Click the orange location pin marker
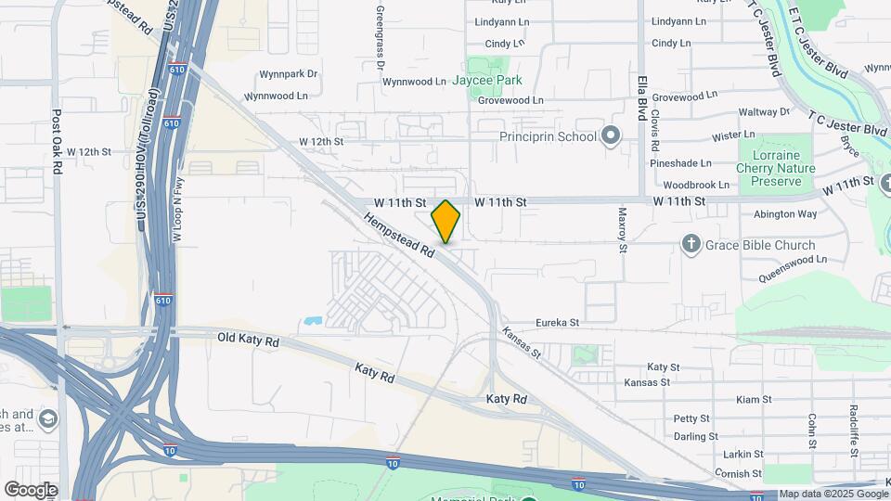click(445, 221)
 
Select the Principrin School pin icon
click(610, 136)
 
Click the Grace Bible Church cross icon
click(691, 245)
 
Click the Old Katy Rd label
click(249, 340)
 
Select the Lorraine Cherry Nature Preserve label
click(775, 168)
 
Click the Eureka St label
click(557, 323)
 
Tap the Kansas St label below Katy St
click(647, 382)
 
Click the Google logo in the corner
click(31, 490)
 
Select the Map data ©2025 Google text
click(833, 495)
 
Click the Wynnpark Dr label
click(289, 73)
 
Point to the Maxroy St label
click(623, 229)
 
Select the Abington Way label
click(785, 213)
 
